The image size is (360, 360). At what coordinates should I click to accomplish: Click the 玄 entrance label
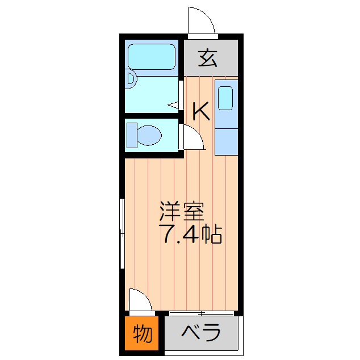(x=207, y=58)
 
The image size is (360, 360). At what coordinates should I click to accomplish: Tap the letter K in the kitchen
(x=201, y=111)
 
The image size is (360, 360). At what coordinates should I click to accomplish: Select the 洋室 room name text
(x=182, y=211)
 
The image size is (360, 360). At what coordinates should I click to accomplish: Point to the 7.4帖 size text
(x=190, y=234)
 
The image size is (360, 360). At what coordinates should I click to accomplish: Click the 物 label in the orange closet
(x=143, y=333)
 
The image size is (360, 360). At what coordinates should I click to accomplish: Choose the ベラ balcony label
(x=201, y=332)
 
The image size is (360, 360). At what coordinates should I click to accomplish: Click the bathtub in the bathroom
(x=152, y=57)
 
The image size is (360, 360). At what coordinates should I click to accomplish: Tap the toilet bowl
(x=149, y=136)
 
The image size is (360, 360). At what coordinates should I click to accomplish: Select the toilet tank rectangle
(x=132, y=135)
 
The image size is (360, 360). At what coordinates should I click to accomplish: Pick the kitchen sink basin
(x=225, y=98)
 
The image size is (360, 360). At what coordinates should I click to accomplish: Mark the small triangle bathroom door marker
(x=173, y=105)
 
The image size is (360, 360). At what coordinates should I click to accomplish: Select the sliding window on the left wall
(x=123, y=233)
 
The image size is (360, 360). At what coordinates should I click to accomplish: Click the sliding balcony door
(x=202, y=313)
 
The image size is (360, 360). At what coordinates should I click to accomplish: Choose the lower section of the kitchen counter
(x=227, y=141)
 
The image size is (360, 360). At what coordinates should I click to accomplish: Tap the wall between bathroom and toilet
(x=152, y=115)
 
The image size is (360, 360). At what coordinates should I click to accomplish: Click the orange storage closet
(x=141, y=333)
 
